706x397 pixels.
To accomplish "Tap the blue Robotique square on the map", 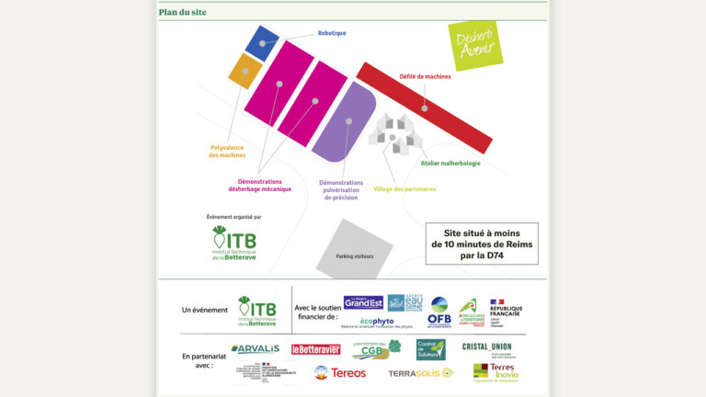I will pyautogui.click(x=262, y=43).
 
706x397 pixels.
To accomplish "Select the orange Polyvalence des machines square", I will pyautogui.click(x=245, y=71).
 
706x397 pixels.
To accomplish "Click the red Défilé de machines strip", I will pyautogui.click(x=424, y=108).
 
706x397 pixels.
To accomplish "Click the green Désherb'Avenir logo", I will pyautogui.click(x=474, y=44).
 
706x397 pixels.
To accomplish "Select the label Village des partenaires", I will pyautogui.click(x=404, y=189).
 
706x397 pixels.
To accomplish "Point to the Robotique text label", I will pyautogui.click(x=332, y=33).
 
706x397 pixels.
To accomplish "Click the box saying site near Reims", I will pyautogui.click(x=483, y=244).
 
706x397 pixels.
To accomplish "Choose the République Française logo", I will pyautogui.click(x=505, y=312).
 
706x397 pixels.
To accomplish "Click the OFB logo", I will pyautogui.click(x=439, y=312).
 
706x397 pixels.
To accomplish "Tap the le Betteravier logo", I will pyautogui.click(x=315, y=349).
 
